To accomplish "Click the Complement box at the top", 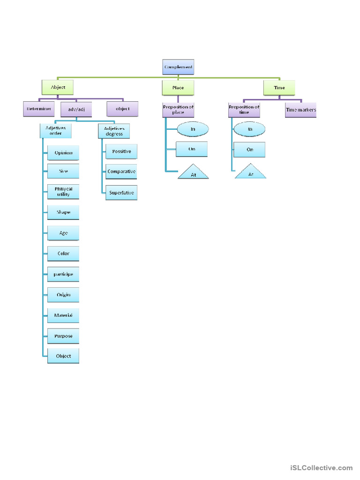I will click(x=178, y=67).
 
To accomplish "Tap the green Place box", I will click(x=178, y=88).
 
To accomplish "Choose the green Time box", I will click(x=279, y=88).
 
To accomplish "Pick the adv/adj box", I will click(x=76, y=110).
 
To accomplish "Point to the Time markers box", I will click(x=301, y=110).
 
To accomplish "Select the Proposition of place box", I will click(x=178, y=110).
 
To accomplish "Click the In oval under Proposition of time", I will click(x=249, y=129).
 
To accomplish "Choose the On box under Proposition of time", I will click(x=250, y=150).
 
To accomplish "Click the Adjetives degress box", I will click(x=114, y=131).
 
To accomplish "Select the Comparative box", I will click(x=121, y=172).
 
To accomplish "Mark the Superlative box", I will click(x=121, y=193).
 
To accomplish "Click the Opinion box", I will click(x=63, y=153).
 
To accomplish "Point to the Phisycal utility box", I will click(x=63, y=191).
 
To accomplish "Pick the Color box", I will click(x=63, y=254).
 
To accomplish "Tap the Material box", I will click(x=63, y=315).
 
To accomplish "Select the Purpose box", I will click(x=63, y=336).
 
